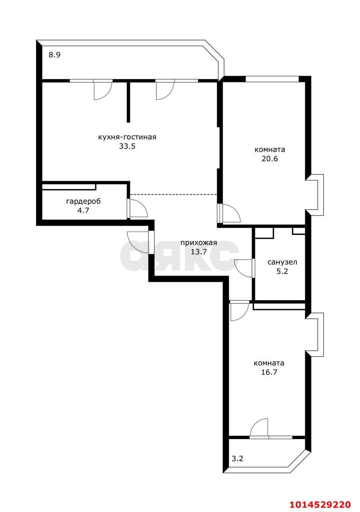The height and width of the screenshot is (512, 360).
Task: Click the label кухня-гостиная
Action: tap(127, 137)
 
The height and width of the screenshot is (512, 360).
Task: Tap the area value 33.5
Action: tap(127, 146)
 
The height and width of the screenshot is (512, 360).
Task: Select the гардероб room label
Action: tap(83, 201)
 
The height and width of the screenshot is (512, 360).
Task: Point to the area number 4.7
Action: tap(83, 210)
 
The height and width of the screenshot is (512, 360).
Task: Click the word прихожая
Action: tap(199, 243)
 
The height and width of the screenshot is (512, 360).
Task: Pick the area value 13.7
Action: tap(199, 252)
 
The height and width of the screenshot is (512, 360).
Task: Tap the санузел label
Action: tap(282, 262)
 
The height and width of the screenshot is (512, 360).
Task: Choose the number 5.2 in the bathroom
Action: tap(282, 271)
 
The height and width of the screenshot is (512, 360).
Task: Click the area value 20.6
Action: tap(270, 158)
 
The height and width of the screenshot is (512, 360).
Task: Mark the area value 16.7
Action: tap(269, 372)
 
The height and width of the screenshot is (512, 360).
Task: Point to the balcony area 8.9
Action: tap(54, 55)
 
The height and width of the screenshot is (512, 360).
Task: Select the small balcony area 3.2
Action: tap(238, 458)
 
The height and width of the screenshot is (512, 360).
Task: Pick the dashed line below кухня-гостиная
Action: tap(174, 194)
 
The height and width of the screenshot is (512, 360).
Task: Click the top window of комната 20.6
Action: tap(272, 79)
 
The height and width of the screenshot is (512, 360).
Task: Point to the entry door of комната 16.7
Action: tap(239, 311)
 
